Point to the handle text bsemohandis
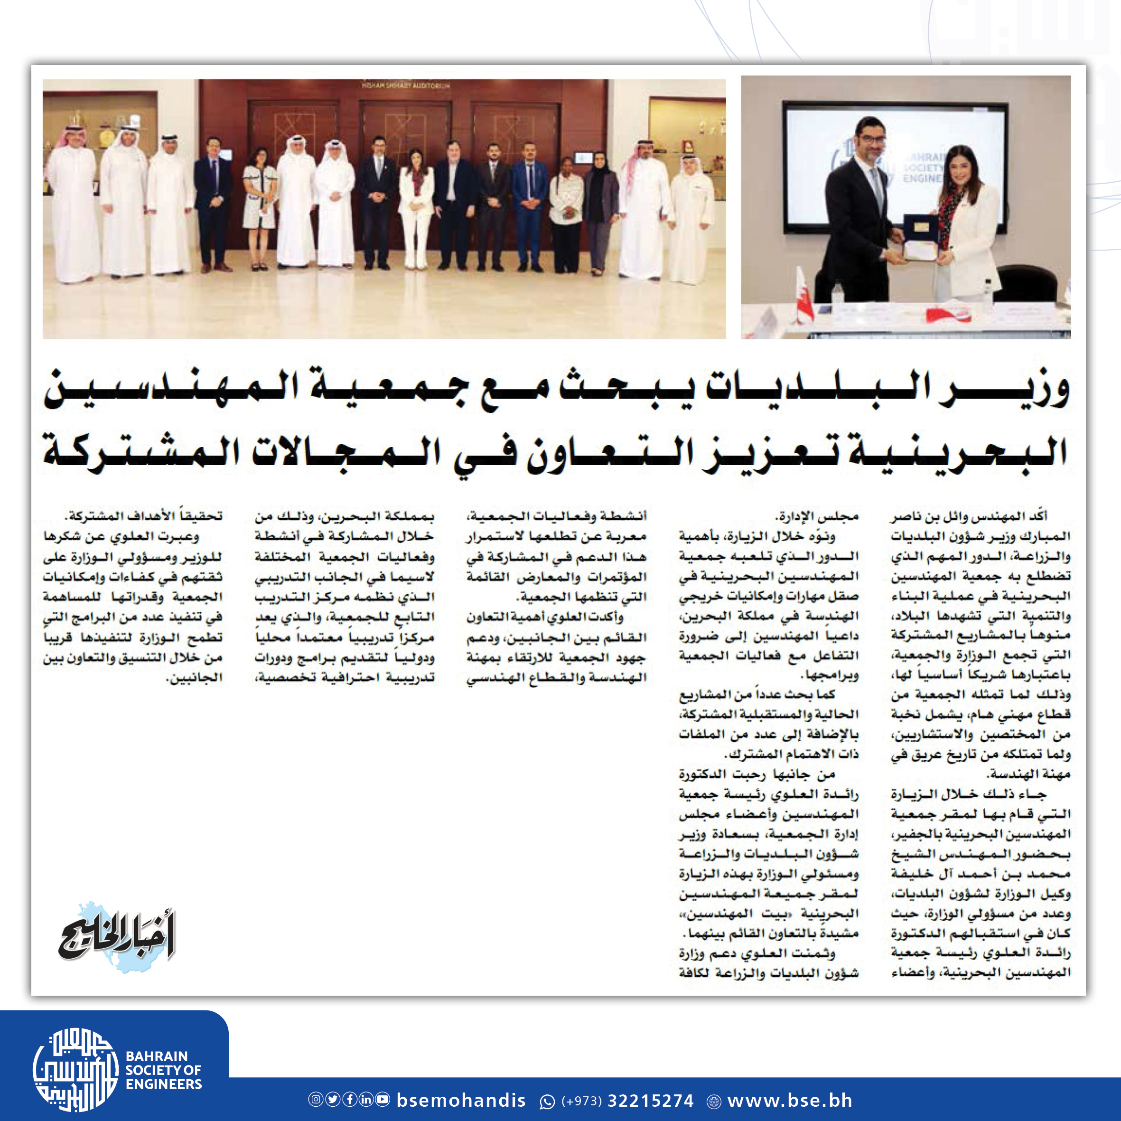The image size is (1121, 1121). [461, 1100]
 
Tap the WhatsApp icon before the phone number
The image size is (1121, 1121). [547, 1101]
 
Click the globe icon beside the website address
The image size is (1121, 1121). [714, 1101]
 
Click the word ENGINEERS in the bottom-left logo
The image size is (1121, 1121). [164, 1084]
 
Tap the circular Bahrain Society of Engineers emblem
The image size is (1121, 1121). [75, 1069]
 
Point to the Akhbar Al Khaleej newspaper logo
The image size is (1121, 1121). [116, 937]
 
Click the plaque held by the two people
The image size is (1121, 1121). [921, 238]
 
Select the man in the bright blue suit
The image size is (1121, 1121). [529, 206]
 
